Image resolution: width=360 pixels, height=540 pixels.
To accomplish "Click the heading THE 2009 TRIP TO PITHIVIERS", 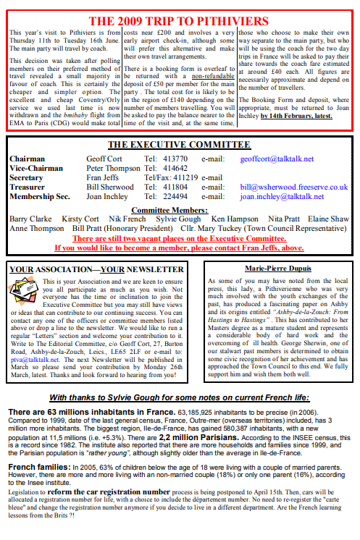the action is (x=179, y=21).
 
